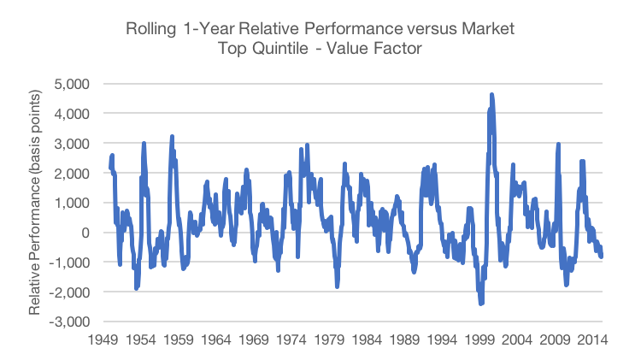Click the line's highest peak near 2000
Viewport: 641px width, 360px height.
491,94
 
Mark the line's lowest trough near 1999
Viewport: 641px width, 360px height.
481,304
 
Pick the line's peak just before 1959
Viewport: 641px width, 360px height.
172,136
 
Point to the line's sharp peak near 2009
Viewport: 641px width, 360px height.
558,145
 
